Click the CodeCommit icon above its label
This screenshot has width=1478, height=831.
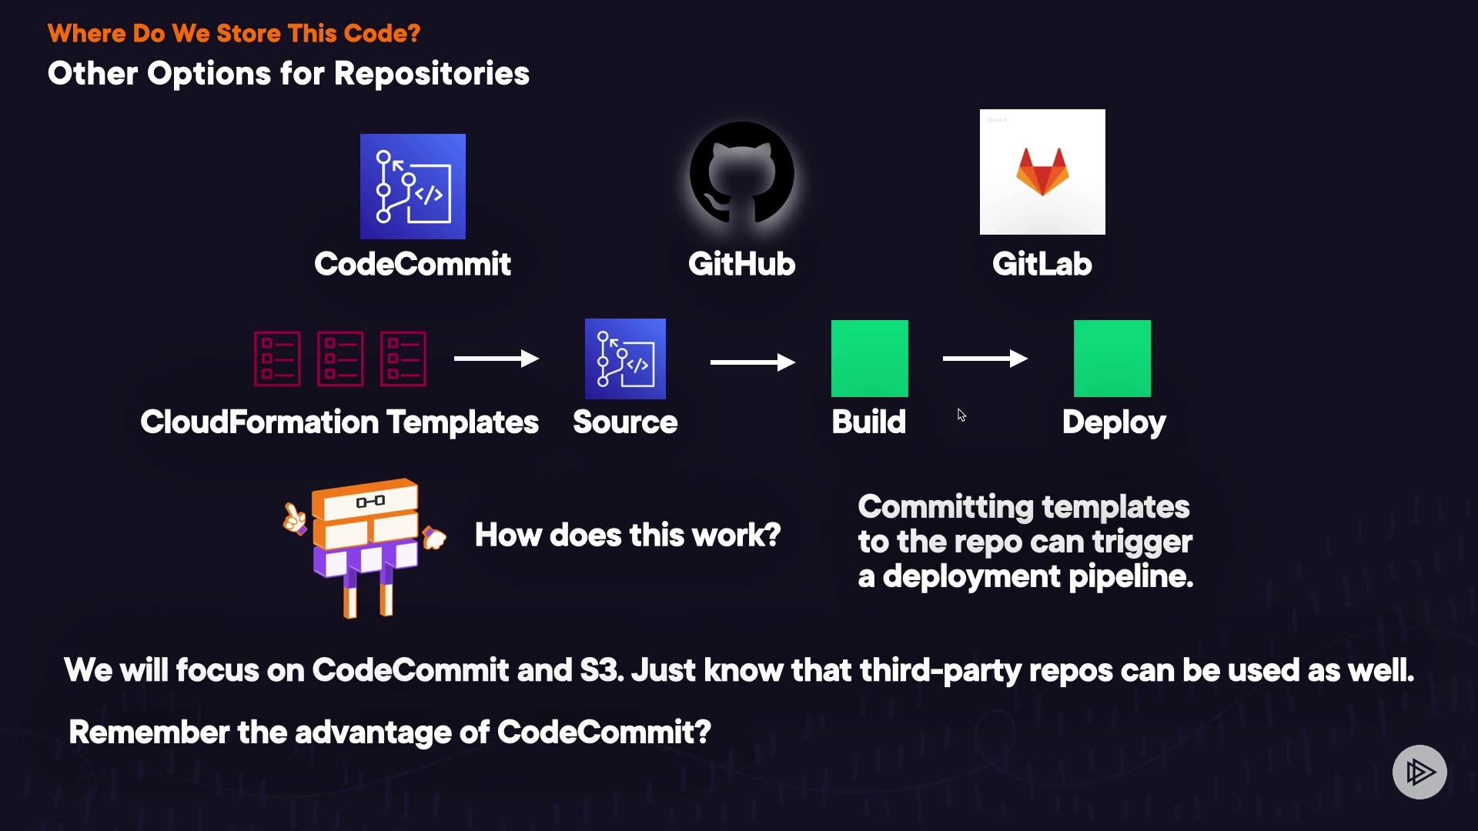[413, 186]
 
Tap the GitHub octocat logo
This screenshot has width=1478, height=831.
[741, 174]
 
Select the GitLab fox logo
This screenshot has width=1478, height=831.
[1042, 172]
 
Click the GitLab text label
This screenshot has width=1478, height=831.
[1042, 264]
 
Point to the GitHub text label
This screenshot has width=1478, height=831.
[741, 264]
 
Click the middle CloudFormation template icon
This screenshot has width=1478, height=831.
[340, 359]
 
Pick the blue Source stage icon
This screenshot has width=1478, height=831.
[625, 359]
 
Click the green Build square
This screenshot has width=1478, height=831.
[870, 359]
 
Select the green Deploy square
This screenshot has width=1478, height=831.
[1112, 359]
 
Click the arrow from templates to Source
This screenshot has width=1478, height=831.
[496, 359]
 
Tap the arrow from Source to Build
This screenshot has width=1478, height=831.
[752, 362]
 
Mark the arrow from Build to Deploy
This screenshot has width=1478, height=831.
[985, 359]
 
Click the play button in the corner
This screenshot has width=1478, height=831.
[1419, 772]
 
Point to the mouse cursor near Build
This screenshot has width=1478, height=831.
[961, 415]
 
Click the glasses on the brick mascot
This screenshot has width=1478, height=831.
[370, 502]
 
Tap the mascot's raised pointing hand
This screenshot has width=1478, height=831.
[293, 519]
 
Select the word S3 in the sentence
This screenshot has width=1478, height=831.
[600, 670]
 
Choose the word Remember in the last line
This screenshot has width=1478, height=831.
[148, 732]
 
